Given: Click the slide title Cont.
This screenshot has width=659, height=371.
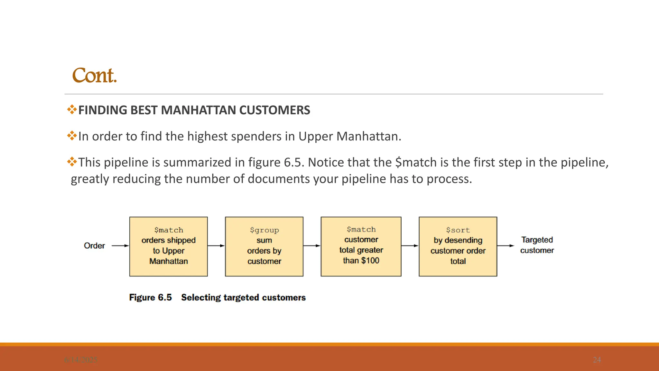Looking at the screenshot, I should tap(94, 76).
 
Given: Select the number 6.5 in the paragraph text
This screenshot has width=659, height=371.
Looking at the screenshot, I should tap(293, 162).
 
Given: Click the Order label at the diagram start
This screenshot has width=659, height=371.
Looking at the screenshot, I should tap(94, 246).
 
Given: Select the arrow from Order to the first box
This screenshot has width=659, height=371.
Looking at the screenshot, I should tap(120, 246).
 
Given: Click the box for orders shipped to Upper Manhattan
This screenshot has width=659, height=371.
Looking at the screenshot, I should tap(169, 246).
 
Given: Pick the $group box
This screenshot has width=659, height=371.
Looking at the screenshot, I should tap(264, 246).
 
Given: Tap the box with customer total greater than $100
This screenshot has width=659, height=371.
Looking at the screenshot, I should tap(361, 246).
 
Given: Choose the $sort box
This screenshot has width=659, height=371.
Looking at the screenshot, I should tap(458, 246).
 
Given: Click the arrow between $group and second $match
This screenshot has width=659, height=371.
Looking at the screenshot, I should tap(312, 246).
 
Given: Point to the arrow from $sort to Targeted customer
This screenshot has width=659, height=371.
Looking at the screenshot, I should tap(506, 246).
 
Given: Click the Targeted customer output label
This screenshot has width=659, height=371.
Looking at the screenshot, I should tap(537, 245).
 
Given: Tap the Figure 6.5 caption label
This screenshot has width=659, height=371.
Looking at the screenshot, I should tap(150, 297).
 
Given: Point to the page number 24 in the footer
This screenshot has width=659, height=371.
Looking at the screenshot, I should tap(597, 360).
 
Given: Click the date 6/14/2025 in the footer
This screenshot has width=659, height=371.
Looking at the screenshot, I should tap(81, 360).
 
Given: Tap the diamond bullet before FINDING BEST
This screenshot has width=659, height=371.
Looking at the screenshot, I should tap(72, 109).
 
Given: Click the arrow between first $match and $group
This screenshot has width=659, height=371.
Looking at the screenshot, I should tap(216, 246).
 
